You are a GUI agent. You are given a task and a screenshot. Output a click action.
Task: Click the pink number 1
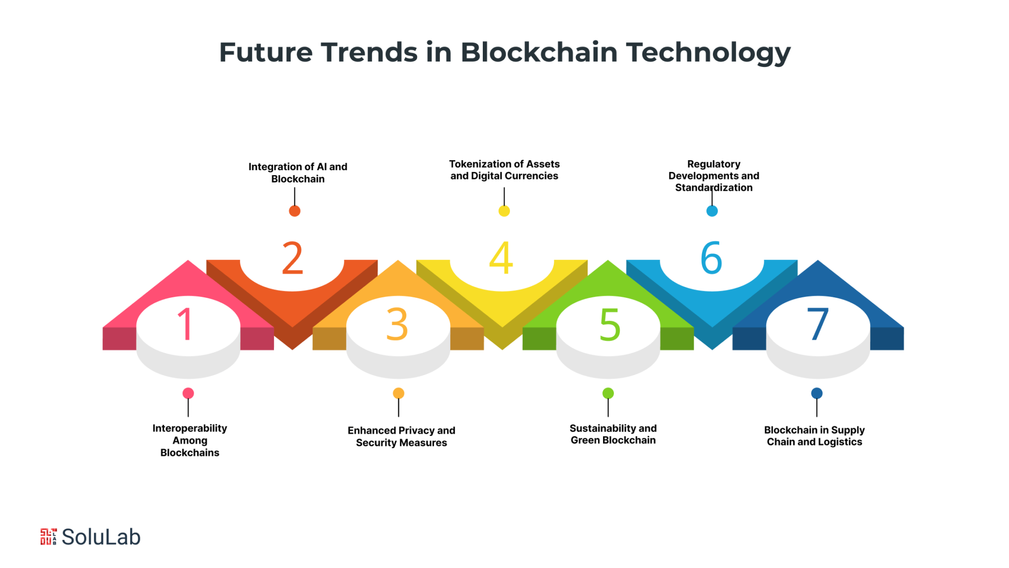(185, 323)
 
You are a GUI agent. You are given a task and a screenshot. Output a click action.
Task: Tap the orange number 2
(292, 257)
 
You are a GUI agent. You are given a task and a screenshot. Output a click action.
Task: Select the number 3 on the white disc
(397, 324)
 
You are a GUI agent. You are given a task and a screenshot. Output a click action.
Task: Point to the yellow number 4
(501, 257)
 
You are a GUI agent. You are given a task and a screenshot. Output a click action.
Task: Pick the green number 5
(610, 324)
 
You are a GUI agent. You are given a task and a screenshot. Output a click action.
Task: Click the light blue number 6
(711, 257)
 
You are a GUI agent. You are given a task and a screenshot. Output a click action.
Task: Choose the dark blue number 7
(818, 324)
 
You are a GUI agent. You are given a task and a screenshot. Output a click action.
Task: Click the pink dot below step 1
(188, 393)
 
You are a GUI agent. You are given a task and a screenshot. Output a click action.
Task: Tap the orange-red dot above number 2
(295, 211)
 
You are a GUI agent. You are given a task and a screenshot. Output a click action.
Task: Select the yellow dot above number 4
(504, 211)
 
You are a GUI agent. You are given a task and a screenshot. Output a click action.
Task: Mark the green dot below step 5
(608, 393)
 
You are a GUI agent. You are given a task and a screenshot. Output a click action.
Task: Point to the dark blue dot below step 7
(817, 393)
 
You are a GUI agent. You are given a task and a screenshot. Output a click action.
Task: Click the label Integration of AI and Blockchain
(298, 173)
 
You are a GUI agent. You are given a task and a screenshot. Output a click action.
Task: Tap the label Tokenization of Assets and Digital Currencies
(504, 170)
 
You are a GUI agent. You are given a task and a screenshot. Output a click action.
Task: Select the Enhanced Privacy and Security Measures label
(401, 436)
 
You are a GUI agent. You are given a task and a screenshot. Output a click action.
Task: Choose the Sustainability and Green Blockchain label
(613, 434)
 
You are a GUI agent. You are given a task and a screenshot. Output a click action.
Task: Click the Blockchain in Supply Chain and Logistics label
(814, 436)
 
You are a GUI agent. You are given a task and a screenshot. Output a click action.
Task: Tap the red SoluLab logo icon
(48, 536)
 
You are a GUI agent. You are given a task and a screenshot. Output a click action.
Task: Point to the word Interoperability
(190, 428)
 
